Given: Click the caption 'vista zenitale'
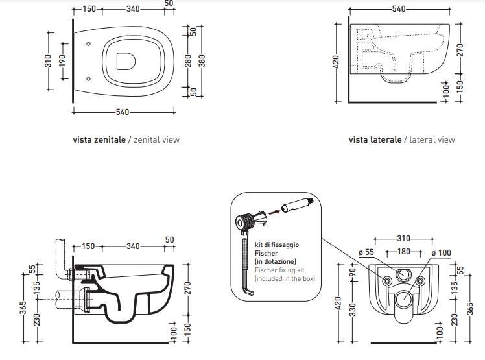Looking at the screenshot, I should pyautogui.click(x=100, y=139).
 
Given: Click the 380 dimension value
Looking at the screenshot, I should pyautogui.click(x=202, y=60).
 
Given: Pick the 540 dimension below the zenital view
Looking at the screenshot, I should pyautogui.click(x=121, y=112).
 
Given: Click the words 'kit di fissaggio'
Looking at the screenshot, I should pyautogui.click(x=277, y=246).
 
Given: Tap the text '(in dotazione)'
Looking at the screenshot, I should pyautogui.click(x=276, y=261).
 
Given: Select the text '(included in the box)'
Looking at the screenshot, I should pyautogui.click(x=285, y=278).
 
